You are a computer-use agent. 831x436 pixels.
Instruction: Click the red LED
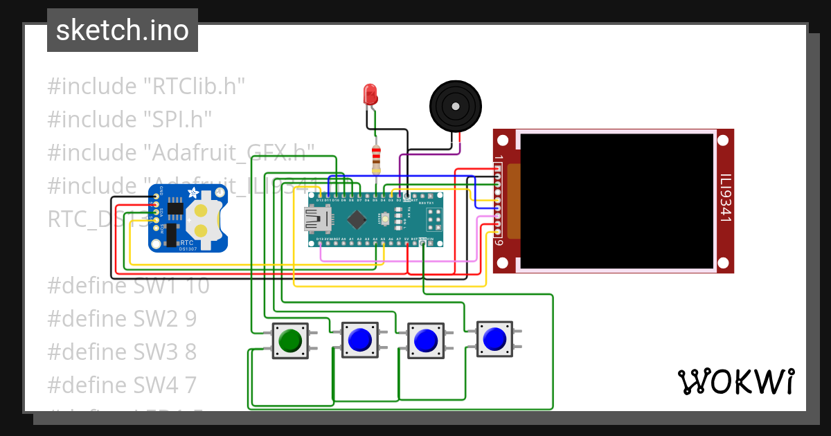[x=370, y=94]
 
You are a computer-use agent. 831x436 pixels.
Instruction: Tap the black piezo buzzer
[x=455, y=106]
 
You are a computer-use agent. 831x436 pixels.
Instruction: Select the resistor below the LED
[x=376, y=159]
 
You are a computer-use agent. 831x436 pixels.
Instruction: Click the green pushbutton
[x=289, y=340]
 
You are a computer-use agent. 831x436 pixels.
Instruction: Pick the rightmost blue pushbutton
[x=494, y=339]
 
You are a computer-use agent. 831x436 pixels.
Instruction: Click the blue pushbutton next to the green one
[x=359, y=339]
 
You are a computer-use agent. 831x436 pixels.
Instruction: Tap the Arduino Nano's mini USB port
[x=319, y=220]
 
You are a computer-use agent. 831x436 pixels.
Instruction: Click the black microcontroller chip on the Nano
[x=357, y=219]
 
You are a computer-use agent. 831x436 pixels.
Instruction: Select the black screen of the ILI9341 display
[x=616, y=201]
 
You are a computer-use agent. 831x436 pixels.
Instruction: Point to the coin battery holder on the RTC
[x=204, y=220]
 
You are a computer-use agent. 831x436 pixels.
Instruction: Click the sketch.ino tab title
[x=123, y=30]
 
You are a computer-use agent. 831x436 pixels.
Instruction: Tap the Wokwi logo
[x=735, y=381]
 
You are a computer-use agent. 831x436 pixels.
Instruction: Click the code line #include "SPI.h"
[x=129, y=118]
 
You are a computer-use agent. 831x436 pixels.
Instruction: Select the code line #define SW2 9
[x=122, y=318]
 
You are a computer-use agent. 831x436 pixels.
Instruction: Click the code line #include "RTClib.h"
[x=146, y=87]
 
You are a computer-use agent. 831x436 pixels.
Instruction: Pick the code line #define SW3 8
[x=122, y=352]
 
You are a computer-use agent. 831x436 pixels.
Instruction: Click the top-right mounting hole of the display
[x=723, y=140]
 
